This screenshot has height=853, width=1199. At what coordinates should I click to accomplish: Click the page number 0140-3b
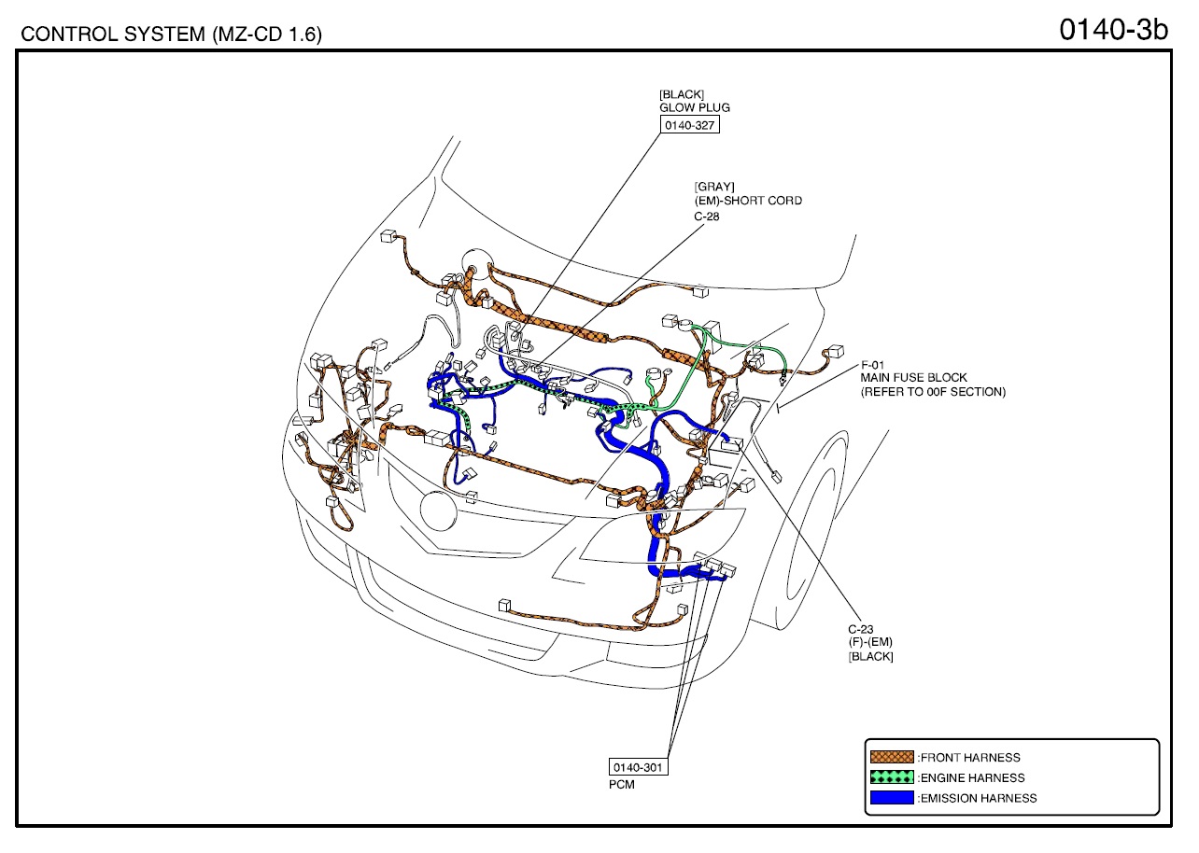click(1113, 30)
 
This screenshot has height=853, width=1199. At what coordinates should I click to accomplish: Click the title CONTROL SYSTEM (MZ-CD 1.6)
click(171, 35)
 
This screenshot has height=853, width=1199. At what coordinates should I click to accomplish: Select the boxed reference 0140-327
click(689, 125)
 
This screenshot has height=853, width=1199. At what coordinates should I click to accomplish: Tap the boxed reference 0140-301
click(638, 767)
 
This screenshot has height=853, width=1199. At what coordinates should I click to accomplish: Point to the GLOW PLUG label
click(694, 107)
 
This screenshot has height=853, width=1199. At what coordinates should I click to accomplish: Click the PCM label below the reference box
click(622, 785)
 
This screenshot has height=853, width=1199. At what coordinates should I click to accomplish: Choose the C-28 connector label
click(707, 217)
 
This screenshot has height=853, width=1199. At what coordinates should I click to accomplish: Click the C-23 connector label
click(861, 629)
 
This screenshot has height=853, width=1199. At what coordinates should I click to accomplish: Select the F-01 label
click(872, 365)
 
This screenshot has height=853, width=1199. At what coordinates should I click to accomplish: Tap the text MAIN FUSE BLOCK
click(913, 378)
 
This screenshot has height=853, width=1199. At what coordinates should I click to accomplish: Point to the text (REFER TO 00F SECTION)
click(933, 392)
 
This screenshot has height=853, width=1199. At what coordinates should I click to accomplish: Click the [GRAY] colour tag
click(714, 187)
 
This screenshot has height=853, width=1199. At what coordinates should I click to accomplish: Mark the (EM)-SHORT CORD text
click(748, 201)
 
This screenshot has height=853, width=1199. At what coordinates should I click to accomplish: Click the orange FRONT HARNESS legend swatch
click(892, 757)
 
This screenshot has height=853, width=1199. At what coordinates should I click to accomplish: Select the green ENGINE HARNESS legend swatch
click(892, 777)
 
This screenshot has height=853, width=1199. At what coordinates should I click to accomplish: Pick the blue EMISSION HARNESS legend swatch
click(892, 797)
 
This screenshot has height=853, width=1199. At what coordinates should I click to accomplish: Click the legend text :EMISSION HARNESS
click(978, 799)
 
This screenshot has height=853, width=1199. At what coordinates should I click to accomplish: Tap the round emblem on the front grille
click(438, 511)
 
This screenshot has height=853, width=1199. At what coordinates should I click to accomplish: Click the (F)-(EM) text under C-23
click(870, 642)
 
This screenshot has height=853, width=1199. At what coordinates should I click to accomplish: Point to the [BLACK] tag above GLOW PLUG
click(682, 94)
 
